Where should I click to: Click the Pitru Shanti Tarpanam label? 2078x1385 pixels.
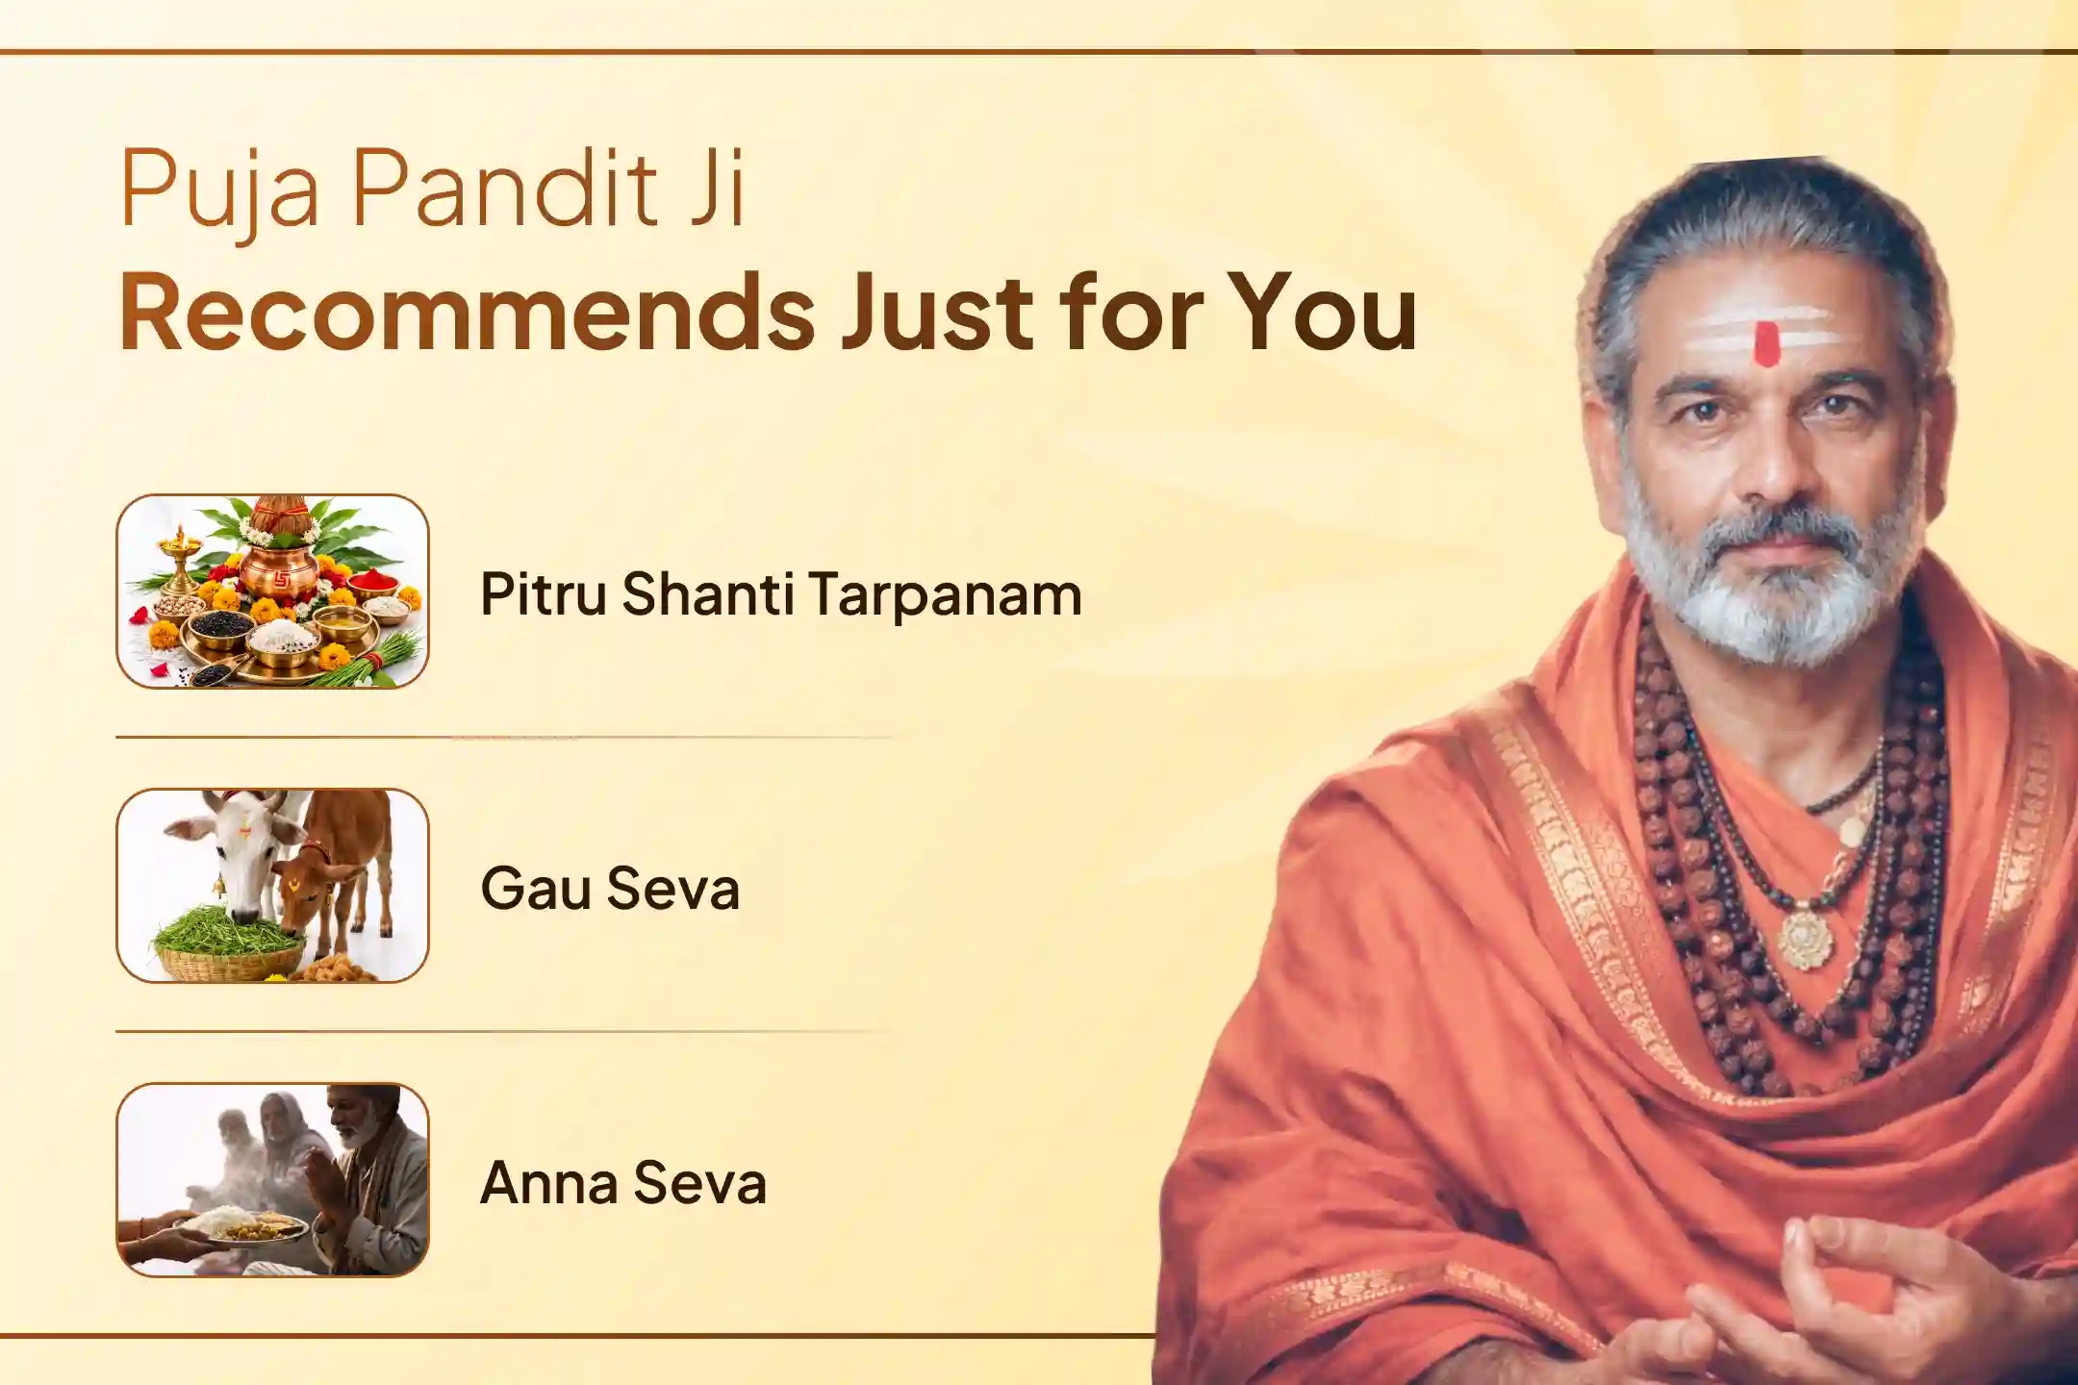point(781,593)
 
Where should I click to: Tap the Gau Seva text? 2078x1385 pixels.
point(610,888)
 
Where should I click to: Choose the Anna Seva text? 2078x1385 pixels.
point(623,1182)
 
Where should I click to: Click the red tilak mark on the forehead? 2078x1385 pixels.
point(1765,343)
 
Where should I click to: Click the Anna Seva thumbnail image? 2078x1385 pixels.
point(272,1179)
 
